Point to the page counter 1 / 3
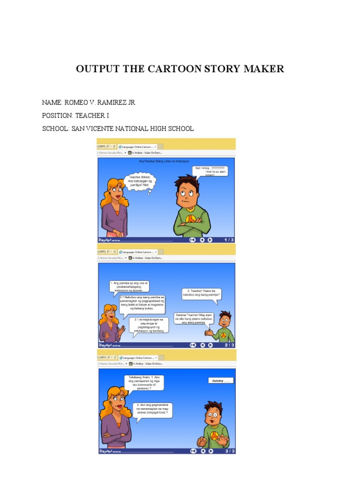coord(229,240)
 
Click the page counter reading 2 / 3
coord(229,345)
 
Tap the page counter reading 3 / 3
coord(229,451)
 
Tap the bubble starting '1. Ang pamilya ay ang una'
coord(128,286)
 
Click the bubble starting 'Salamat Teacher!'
coord(194,319)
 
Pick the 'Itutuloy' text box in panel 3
coord(221,381)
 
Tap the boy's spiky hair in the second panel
coord(224,314)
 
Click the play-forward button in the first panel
coord(210,240)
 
